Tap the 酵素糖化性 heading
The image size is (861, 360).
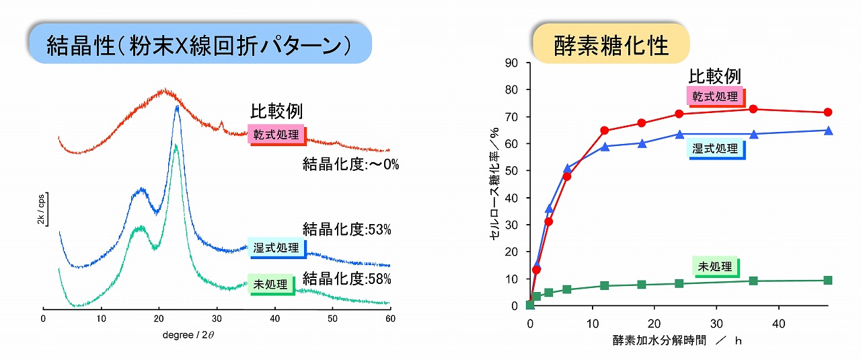[611, 45]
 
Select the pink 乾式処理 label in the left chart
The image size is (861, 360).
[276, 134]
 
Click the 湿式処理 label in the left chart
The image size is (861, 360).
[276, 248]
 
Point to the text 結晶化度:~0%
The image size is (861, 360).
[350, 164]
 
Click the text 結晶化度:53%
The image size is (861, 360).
[346, 229]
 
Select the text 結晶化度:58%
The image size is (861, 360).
[346, 279]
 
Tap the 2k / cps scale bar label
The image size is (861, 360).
[40, 211]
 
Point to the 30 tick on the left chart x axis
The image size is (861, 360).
[216, 319]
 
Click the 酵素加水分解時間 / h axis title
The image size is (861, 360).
[677, 340]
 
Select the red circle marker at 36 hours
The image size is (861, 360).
[753, 109]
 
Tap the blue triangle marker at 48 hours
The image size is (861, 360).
[828, 131]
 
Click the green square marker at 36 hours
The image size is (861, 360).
[753, 281]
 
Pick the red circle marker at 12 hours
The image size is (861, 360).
[604, 131]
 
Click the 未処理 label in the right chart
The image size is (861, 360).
[714, 267]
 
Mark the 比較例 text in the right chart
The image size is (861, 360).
[714, 76]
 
